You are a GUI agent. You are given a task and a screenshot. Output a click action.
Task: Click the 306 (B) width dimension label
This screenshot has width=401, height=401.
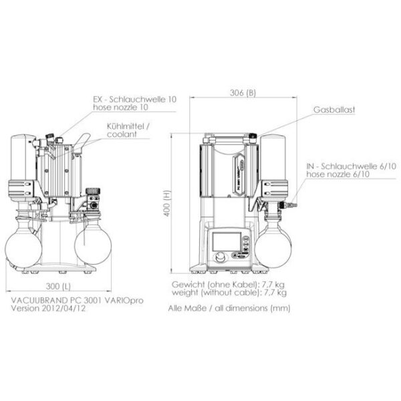pyautogui.click(x=243, y=93)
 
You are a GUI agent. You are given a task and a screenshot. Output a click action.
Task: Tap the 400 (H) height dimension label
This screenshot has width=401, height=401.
pyautogui.click(x=166, y=203)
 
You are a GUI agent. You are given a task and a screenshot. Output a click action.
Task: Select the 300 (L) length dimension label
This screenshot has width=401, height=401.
pyautogui.click(x=58, y=286)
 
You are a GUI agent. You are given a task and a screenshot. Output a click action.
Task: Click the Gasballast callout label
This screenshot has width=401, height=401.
pyautogui.click(x=334, y=110)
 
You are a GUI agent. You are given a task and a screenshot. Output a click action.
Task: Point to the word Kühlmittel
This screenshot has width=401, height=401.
pyautogui.click(x=126, y=126)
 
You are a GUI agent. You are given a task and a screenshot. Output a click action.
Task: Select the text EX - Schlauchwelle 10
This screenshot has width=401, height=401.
pyautogui.click(x=135, y=99)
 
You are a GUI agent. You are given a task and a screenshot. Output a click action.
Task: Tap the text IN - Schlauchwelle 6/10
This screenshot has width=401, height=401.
pyautogui.click(x=351, y=166)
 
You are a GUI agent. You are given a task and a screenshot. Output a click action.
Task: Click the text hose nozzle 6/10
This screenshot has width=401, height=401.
pyautogui.click(x=338, y=174)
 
